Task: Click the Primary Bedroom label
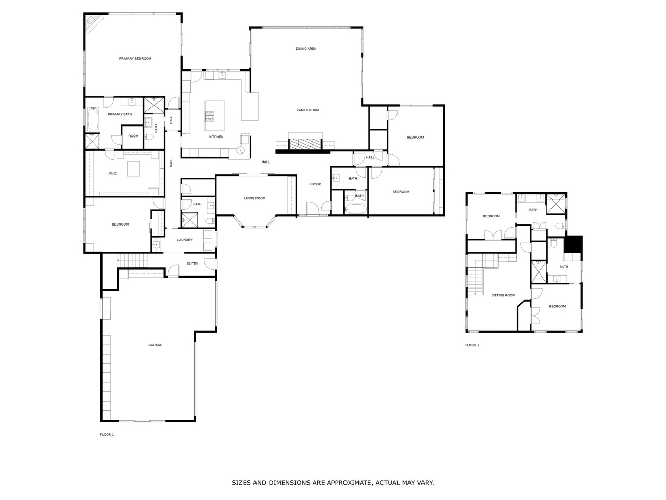[135, 58]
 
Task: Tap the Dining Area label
[306, 48]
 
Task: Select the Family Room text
[308, 110]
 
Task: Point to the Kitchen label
[216, 137]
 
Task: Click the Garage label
[155, 345]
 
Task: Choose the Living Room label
[254, 198]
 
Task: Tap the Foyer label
[315, 184]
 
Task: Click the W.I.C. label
[113, 173]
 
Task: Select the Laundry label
[185, 240]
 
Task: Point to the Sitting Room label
[503, 295]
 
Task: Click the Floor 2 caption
[472, 345]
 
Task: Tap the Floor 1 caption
[107, 435]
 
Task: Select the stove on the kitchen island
[209, 117]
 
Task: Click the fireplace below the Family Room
[304, 143]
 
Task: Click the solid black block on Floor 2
[573, 244]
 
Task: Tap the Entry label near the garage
[193, 264]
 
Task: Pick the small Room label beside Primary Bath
[133, 136]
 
